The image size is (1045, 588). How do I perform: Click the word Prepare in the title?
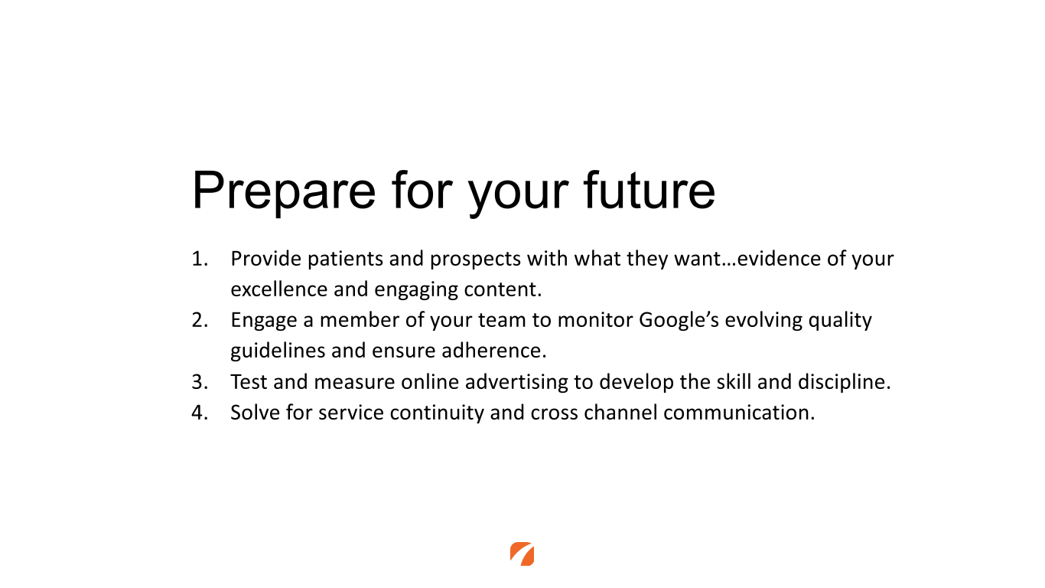click(284, 191)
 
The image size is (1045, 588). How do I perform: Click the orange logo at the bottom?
click(522, 554)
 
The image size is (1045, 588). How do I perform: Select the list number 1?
click(200, 259)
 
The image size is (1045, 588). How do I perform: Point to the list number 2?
click(200, 320)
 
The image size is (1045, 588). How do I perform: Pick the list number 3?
click(200, 382)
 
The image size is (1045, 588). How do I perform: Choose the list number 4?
click(200, 413)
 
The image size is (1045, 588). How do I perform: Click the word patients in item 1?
click(345, 260)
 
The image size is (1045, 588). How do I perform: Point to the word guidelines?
click(278, 351)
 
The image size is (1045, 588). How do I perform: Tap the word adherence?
click(494, 351)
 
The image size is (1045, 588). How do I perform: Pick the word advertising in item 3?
click(516, 383)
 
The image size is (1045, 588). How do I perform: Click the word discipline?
click(845, 382)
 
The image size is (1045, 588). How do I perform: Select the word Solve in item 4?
click(256, 413)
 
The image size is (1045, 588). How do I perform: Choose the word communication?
click(739, 413)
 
